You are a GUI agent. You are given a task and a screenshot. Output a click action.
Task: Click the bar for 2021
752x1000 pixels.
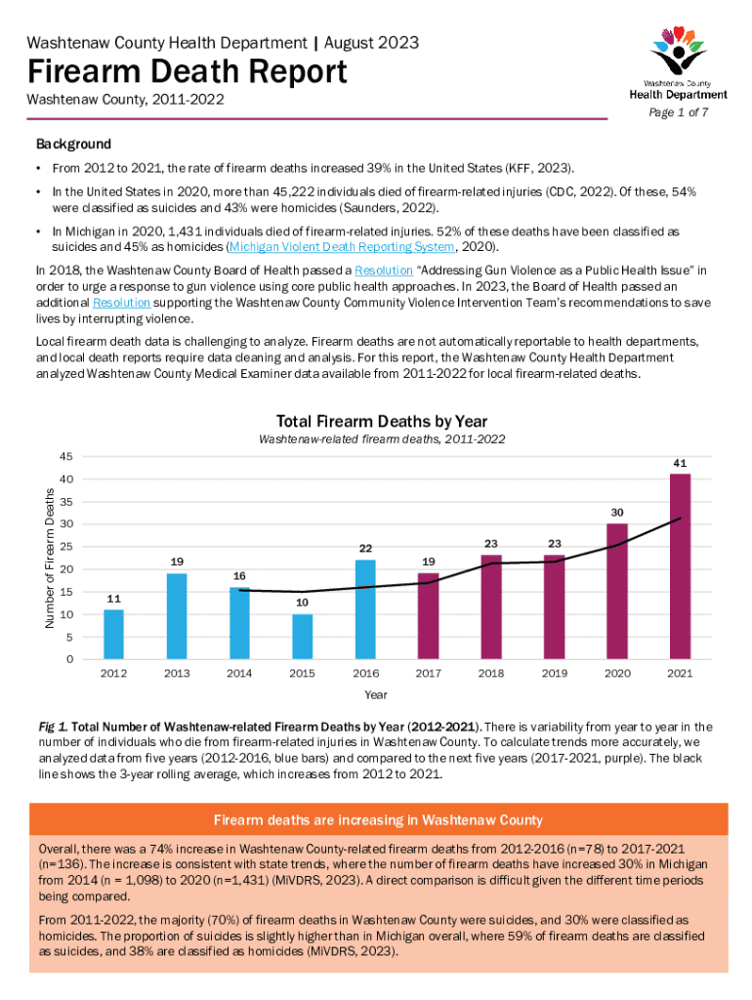tap(680, 566)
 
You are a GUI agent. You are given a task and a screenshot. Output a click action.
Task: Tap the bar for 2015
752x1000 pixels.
tap(303, 637)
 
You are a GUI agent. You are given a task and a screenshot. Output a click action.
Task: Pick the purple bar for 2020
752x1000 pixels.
tap(617, 592)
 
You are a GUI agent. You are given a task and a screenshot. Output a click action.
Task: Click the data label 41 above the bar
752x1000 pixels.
tap(680, 462)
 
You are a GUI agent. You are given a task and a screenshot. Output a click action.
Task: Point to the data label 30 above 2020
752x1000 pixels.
tap(617, 512)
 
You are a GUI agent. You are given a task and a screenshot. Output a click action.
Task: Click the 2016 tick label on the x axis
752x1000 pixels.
tap(365, 673)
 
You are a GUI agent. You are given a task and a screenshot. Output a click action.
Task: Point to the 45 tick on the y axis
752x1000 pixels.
tap(66, 457)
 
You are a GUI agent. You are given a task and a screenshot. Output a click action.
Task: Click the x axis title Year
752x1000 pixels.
tap(376, 694)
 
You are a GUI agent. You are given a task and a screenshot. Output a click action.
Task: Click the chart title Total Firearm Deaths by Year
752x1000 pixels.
tap(382, 421)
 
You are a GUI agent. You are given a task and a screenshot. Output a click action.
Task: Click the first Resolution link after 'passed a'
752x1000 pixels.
tap(383, 270)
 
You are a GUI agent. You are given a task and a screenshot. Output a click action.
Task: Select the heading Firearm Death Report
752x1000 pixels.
tap(187, 71)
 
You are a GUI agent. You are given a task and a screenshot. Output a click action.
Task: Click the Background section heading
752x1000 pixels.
tap(73, 144)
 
